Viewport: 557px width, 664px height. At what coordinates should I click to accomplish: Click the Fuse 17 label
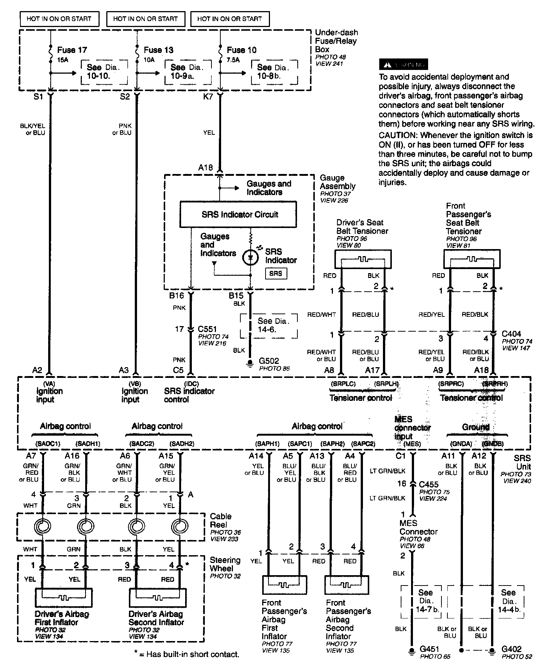pos(72,50)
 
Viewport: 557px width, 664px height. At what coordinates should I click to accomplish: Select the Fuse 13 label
pos(158,50)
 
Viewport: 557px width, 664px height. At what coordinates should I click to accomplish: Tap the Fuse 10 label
pos(241,50)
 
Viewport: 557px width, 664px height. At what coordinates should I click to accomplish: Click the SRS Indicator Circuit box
pos(238,214)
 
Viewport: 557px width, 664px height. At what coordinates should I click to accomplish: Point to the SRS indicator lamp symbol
pos(250,257)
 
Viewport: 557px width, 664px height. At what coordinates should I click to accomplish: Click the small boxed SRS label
pos(276,274)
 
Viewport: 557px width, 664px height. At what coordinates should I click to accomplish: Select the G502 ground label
pos(269,361)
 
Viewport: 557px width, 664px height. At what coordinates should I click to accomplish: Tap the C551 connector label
pos(207,329)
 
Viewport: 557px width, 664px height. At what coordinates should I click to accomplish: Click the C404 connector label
pos(511,333)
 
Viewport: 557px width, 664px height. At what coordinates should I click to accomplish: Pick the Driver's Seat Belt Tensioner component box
pos(363,259)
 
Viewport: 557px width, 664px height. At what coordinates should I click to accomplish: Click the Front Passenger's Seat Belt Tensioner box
pos(472,259)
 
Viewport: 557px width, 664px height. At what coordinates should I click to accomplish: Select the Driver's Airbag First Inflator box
pos(64,597)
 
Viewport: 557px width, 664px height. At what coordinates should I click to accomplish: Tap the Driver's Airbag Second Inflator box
pos(157,597)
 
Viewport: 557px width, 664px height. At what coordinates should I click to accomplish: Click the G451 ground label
pos(430,649)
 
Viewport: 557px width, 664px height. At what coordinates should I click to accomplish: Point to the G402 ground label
pos(511,649)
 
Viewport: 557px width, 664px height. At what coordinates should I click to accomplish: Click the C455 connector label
pos(429,484)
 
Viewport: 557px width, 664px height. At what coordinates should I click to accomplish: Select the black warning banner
pos(403,64)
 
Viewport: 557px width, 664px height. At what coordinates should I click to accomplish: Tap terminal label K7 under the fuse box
pos(208,97)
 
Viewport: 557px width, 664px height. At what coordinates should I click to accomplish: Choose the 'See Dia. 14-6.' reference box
pos(269,325)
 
